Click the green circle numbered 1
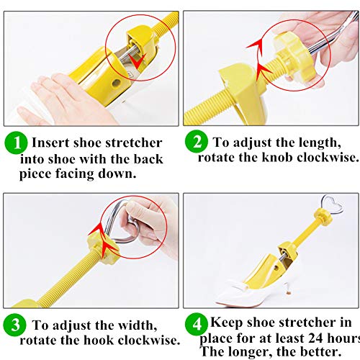16,143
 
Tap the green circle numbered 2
197,141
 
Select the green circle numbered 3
14,325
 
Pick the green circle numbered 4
197,324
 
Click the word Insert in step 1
51,143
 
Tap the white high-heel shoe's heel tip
289,294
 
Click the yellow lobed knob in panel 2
296,57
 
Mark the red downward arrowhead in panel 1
137,61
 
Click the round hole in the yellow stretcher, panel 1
117,83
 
